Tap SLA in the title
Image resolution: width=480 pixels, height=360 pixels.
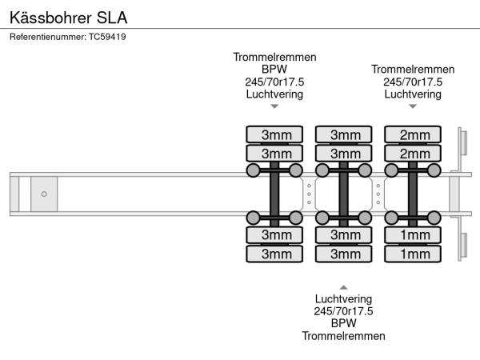(111, 16)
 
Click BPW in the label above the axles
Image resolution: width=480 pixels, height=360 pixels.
(274, 70)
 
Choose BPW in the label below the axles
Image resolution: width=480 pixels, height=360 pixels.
(343, 323)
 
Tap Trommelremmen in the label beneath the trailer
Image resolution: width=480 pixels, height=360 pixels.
(343, 336)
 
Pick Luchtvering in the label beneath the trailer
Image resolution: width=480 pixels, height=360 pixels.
(343, 298)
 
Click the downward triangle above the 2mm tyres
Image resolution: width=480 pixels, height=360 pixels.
(413, 106)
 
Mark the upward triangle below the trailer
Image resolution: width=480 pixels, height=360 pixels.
(343, 286)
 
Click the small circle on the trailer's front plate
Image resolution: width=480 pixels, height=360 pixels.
(44, 194)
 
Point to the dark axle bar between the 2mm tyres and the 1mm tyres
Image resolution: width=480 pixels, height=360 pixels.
(414, 194)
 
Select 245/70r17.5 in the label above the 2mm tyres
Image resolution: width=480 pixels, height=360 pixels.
(413, 82)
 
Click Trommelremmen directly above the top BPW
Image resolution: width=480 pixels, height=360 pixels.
(274, 58)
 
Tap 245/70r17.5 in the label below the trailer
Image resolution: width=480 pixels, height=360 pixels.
(343, 311)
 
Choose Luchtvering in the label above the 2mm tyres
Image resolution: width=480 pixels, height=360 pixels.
(413, 94)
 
